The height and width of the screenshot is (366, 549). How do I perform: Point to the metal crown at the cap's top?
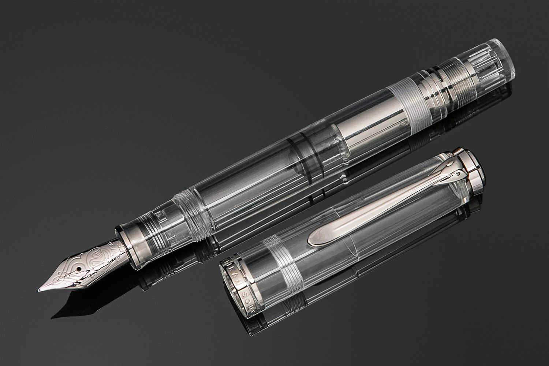point(476,165)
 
